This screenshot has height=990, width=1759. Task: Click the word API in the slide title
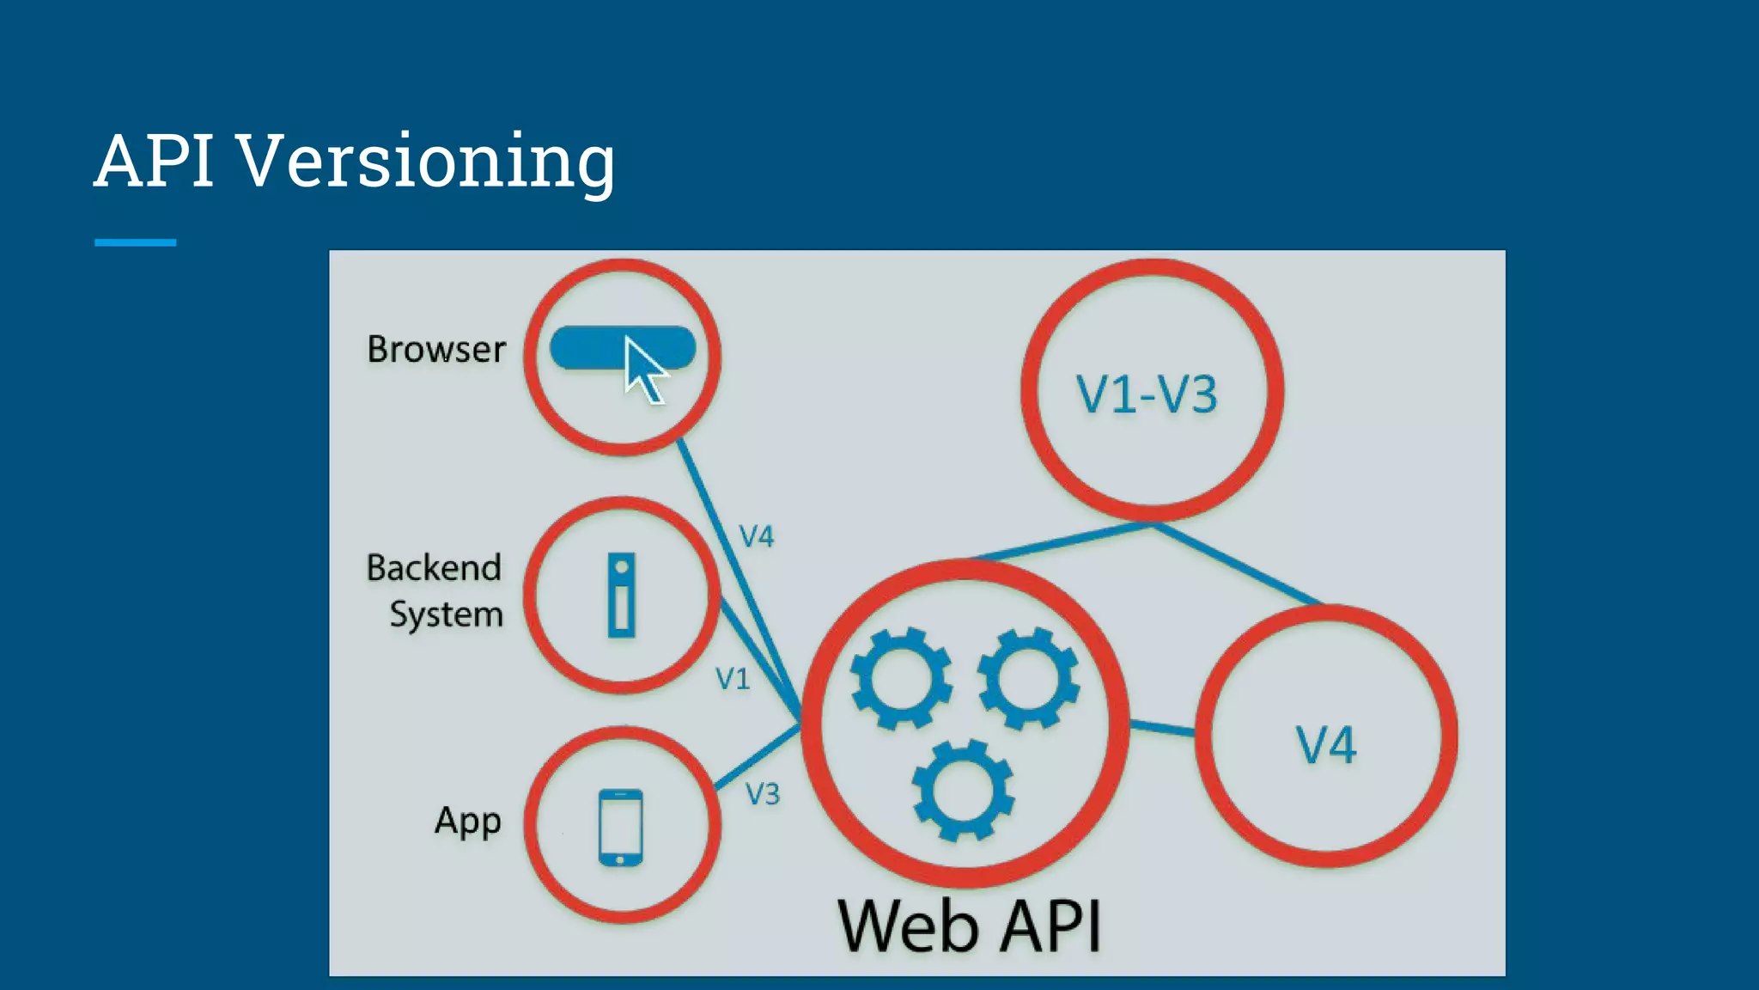point(155,161)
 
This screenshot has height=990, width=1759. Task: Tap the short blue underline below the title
point(135,242)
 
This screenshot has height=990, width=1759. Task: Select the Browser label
point(436,350)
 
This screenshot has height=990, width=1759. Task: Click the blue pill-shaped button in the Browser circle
point(584,348)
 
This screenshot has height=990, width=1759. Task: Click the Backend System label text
point(435,591)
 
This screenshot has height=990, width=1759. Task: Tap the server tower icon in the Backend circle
point(621,595)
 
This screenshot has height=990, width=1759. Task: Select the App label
point(467,822)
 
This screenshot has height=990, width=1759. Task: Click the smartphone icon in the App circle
point(620,827)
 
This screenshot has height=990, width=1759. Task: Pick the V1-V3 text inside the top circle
point(1147,395)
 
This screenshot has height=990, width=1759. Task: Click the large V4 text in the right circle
point(1325,745)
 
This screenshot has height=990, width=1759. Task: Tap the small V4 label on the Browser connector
point(757,537)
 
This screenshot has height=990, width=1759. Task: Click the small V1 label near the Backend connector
point(733,680)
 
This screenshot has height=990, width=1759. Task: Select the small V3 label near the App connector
point(762,794)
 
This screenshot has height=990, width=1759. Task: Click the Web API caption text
point(969,926)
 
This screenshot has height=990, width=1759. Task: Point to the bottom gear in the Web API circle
point(963,789)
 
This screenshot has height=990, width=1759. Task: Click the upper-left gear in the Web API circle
point(901,678)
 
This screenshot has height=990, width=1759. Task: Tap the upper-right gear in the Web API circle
point(1028,678)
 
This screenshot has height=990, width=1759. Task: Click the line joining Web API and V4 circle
point(1161,729)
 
